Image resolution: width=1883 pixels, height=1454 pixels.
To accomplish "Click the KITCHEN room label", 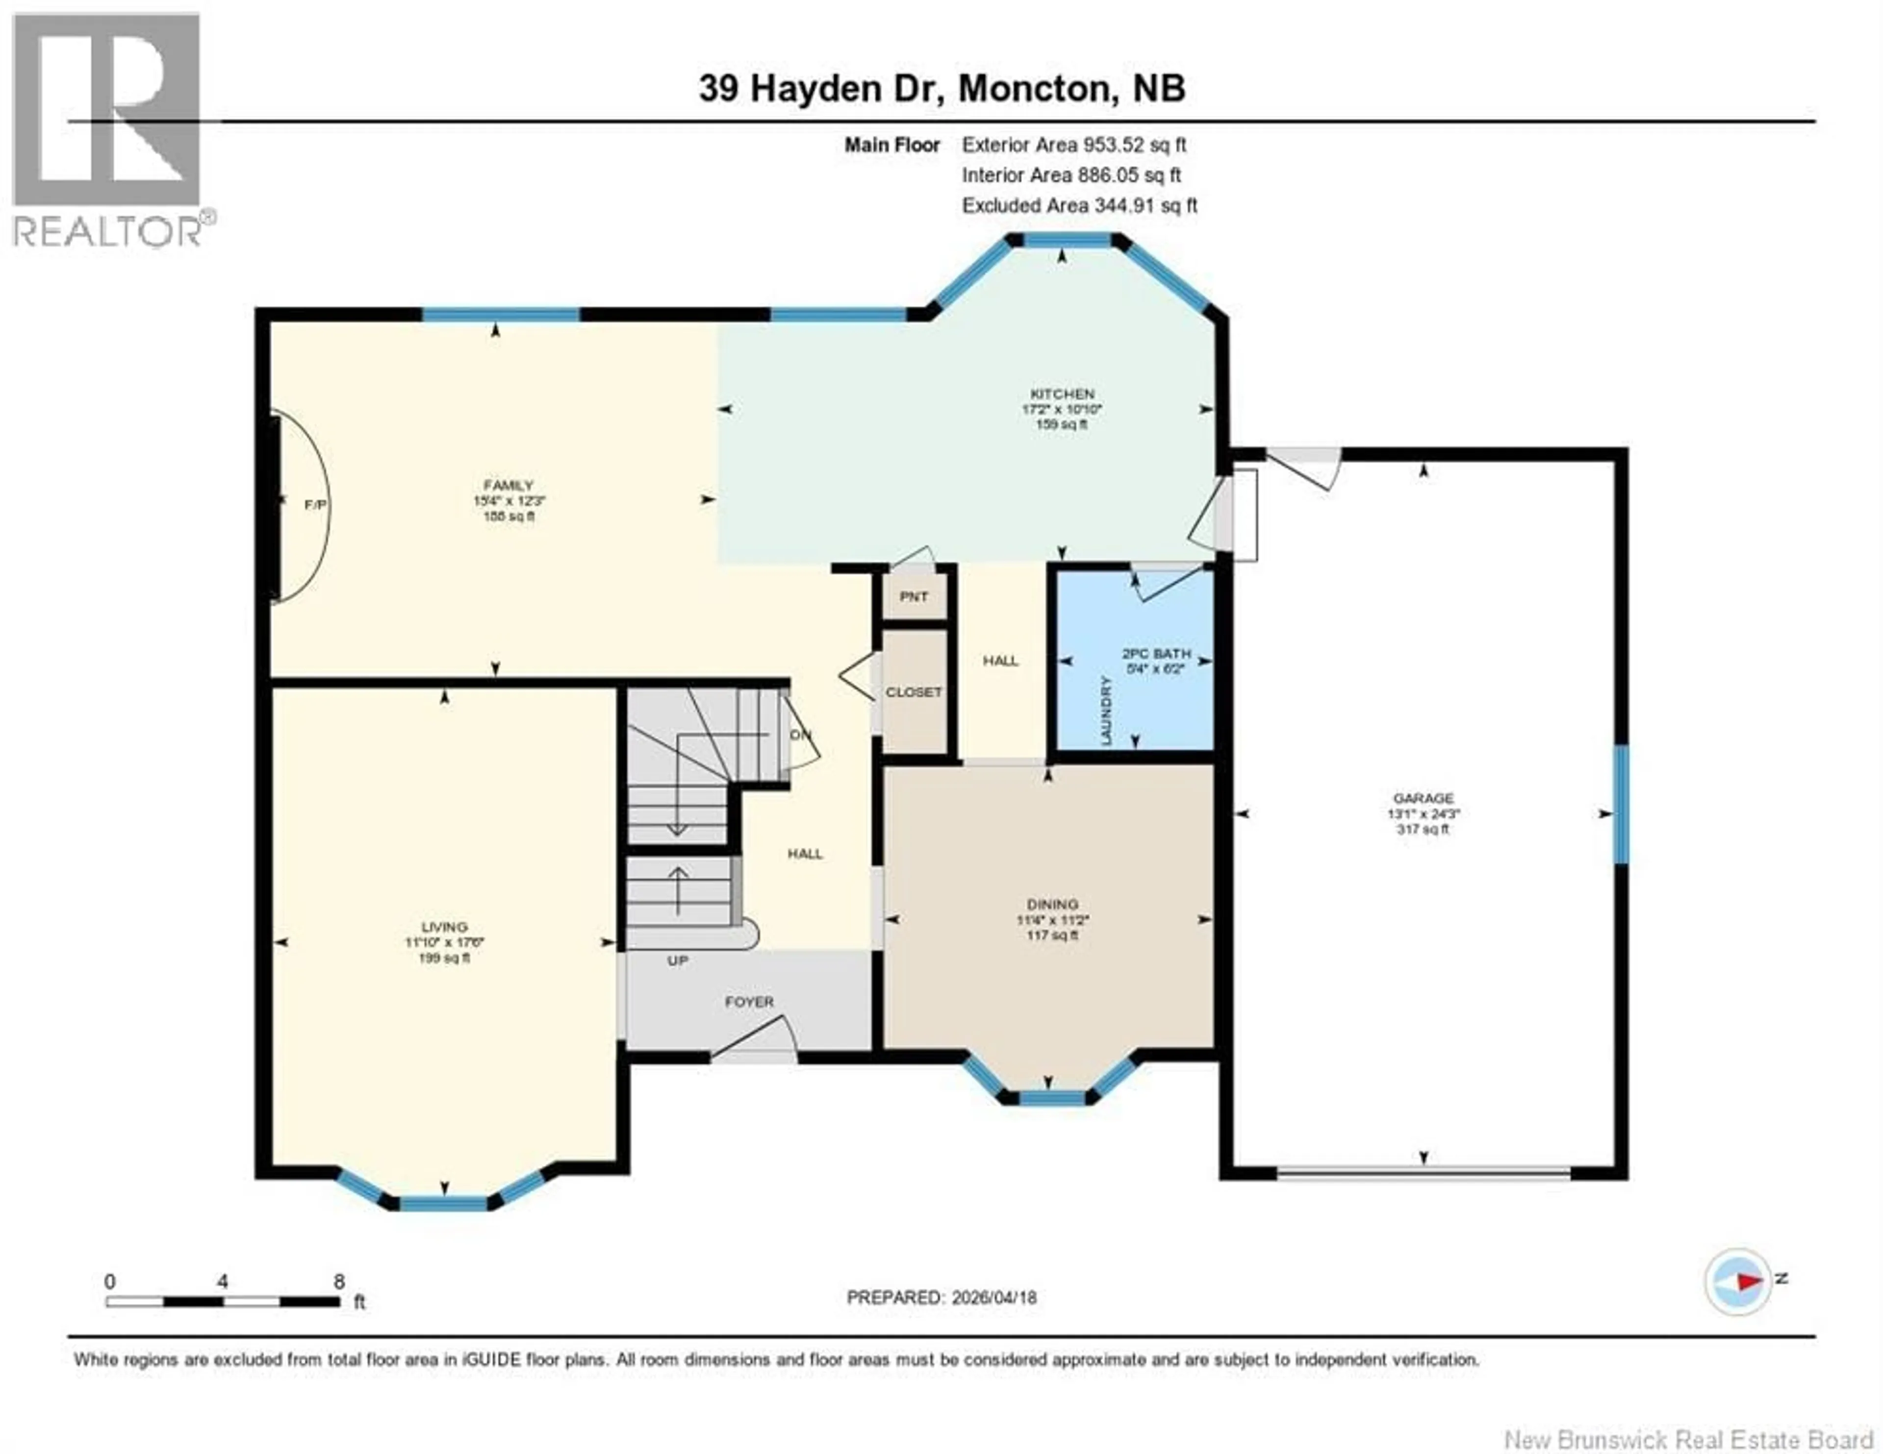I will click(1061, 394).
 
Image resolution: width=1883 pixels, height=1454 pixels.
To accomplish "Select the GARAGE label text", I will click(1424, 798).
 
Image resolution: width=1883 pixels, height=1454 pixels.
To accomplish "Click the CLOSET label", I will click(914, 692).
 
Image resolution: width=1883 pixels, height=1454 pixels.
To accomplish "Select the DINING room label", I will click(1052, 904).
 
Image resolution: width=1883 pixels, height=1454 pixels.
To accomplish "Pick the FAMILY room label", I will click(508, 485).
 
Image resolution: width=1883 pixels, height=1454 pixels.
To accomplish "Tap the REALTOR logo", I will click(108, 129).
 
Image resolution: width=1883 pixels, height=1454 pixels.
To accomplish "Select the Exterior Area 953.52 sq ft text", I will click(1073, 145).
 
